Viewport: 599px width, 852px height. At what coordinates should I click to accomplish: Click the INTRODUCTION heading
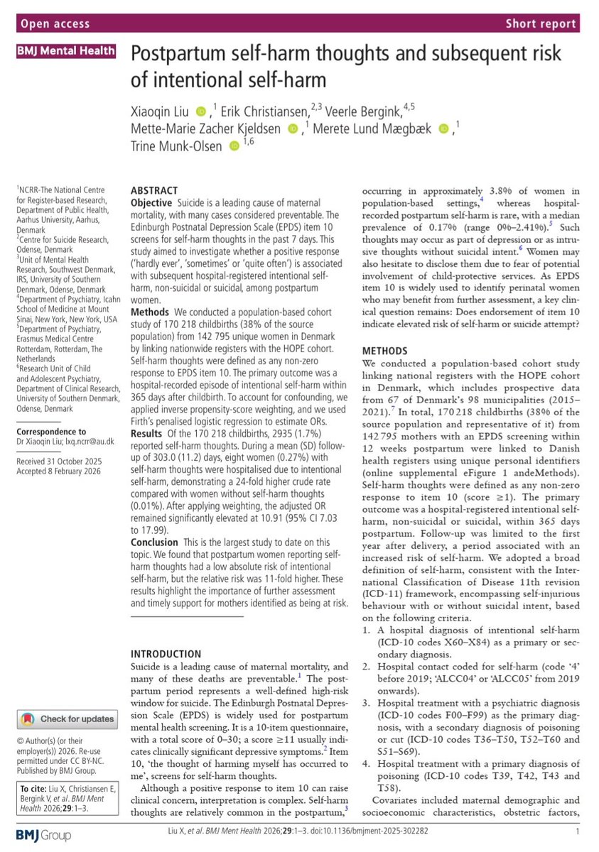pyautogui.click(x=167, y=653)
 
